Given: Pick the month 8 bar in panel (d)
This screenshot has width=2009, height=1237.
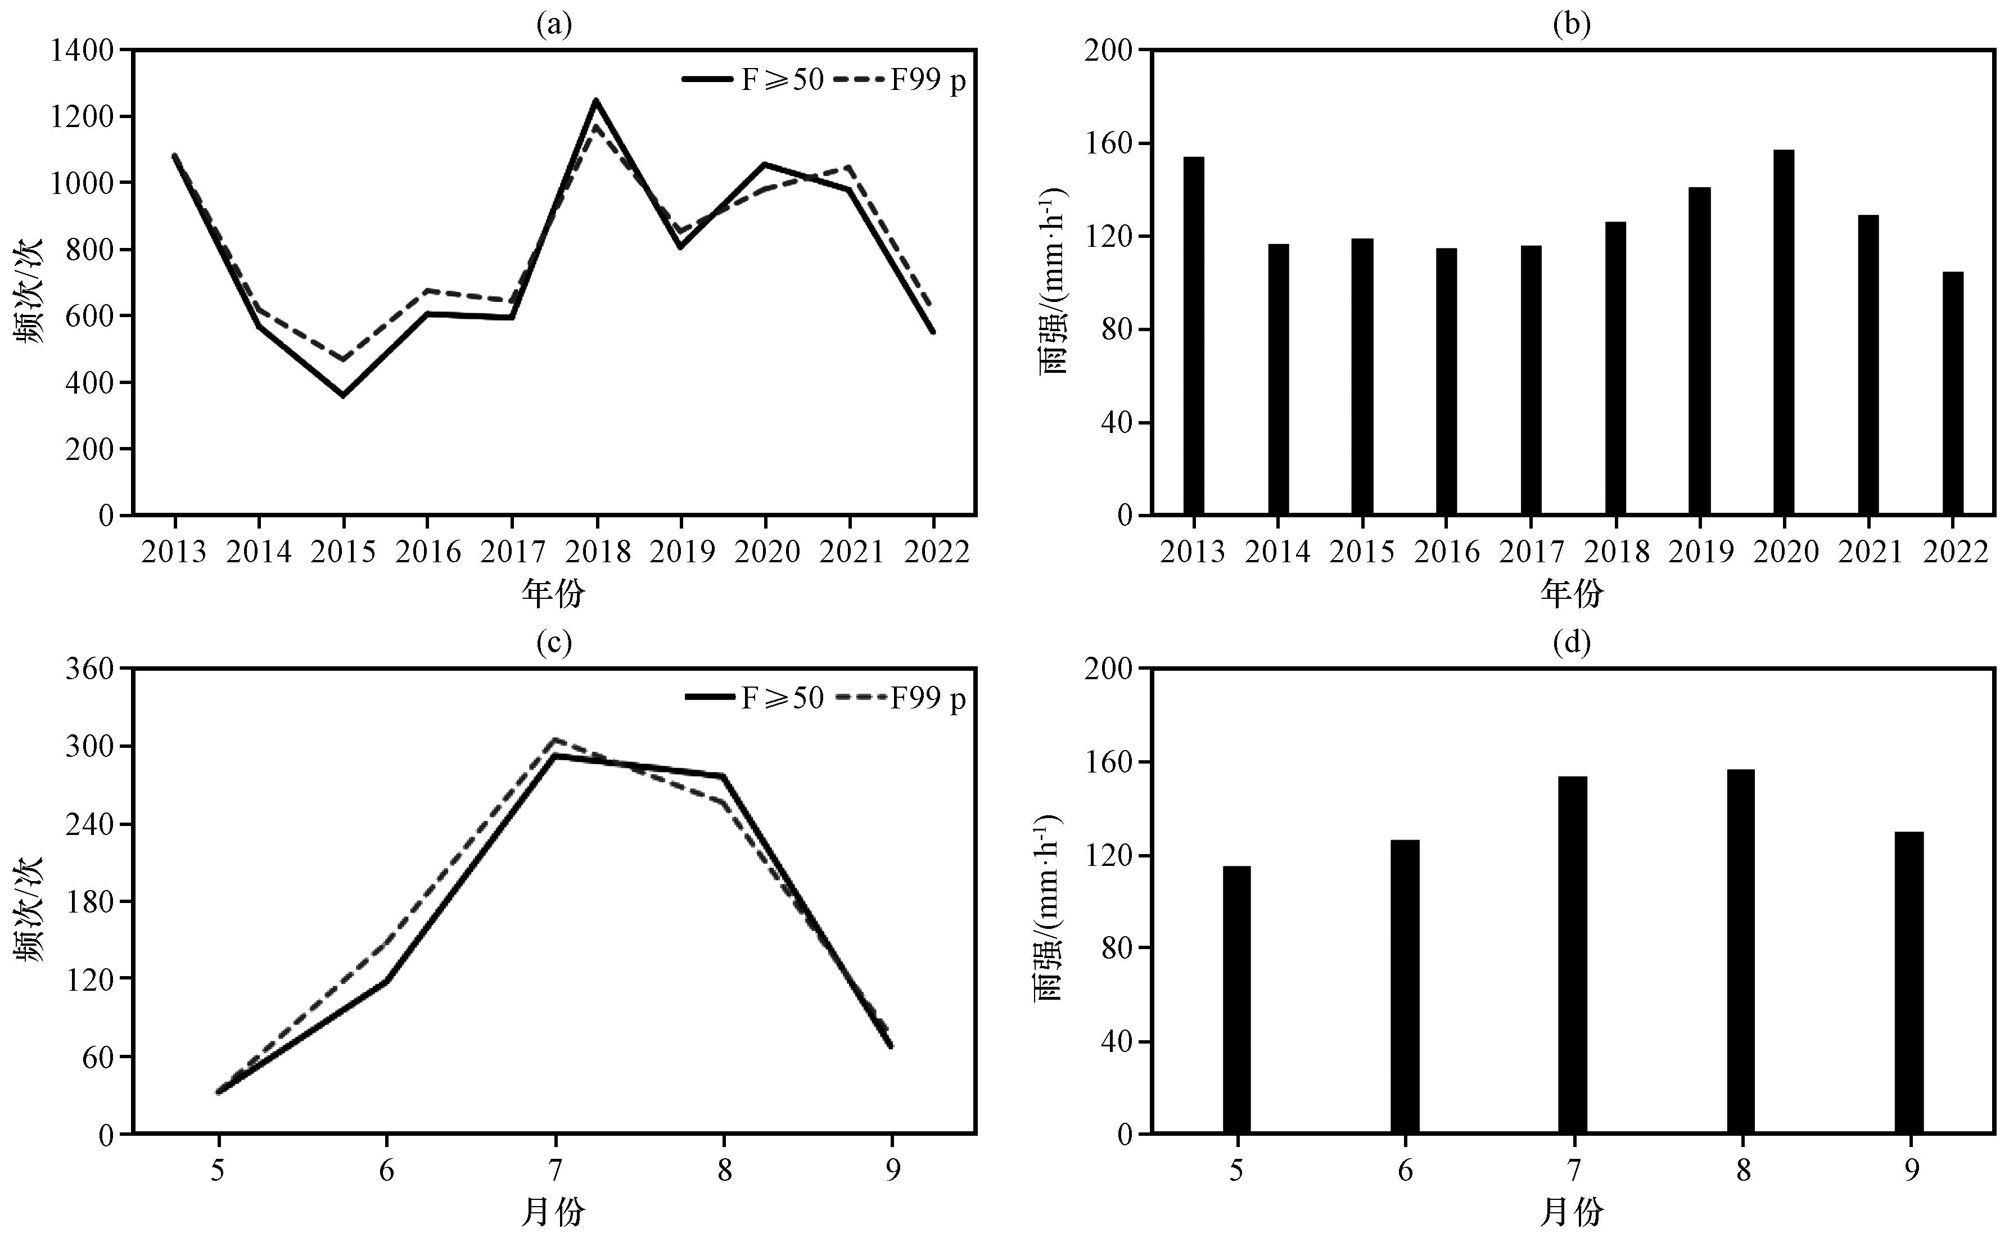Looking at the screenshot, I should coord(1741,951).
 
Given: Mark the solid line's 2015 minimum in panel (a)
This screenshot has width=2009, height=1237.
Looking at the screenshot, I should coord(343,396).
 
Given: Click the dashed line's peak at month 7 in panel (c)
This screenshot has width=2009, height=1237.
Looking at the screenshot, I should coord(556,739).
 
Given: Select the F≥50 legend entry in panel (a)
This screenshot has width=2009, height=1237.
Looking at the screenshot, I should coord(752,79).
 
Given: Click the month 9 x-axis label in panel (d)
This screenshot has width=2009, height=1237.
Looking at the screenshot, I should coord(1911,1171).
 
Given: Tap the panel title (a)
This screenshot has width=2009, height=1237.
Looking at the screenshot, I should coord(554,25).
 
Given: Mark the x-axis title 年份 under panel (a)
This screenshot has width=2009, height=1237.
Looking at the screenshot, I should coord(554,594).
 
